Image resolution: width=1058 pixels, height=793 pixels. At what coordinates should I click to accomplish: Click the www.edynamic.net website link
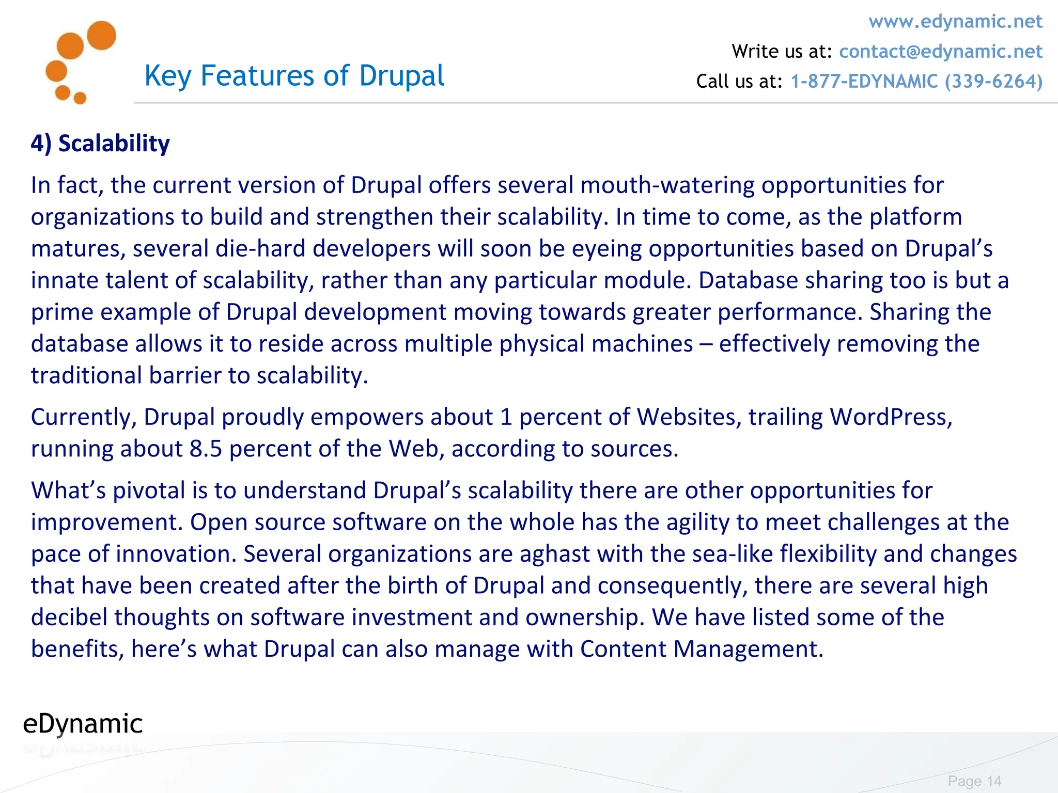click(x=955, y=22)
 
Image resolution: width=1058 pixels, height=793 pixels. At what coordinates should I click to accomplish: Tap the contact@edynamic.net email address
click(x=940, y=52)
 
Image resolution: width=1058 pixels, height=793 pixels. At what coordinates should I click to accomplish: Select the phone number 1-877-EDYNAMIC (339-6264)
click(x=916, y=82)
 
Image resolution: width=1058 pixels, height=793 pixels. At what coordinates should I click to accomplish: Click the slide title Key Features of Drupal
click(x=294, y=76)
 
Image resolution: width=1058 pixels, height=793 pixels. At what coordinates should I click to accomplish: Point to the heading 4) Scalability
click(x=100, y=144)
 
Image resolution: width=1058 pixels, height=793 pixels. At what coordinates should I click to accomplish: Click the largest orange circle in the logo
click(x=101, y=35)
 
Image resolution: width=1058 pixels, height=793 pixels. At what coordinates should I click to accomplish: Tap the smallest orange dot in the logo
click(x=80, y=98)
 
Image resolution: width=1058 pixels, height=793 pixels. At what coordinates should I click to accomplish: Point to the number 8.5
click(x=206, y=449)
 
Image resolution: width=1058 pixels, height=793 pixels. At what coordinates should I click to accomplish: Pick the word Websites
click(x=689, y=417)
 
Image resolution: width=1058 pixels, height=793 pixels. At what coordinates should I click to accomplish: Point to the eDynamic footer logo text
click(x=83, y=724)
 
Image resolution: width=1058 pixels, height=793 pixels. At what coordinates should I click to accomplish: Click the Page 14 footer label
click(x=974, y=781)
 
